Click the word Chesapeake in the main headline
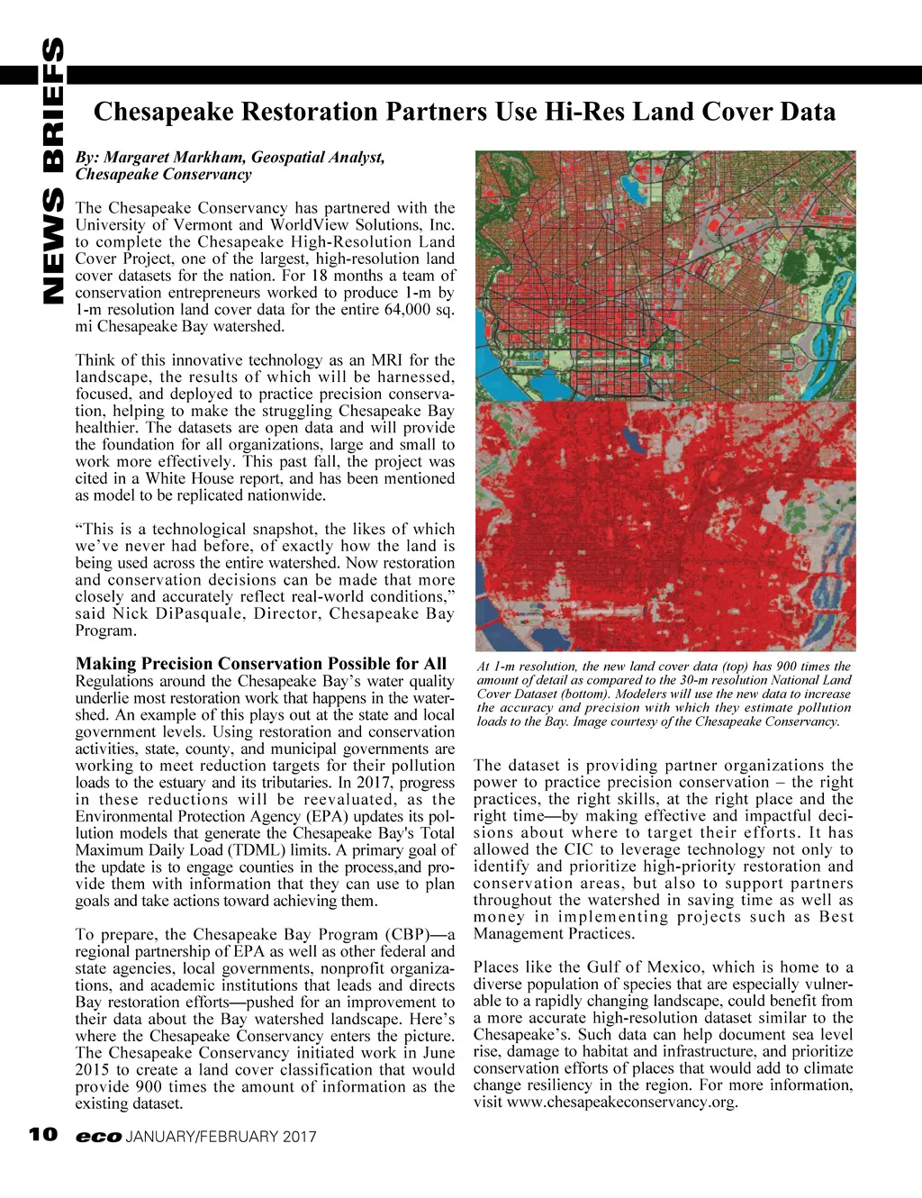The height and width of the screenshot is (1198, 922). (x=163, y=112)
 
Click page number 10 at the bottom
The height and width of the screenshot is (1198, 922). (x=42, y=1135)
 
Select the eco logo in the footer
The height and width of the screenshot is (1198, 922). (x=98, y=1137)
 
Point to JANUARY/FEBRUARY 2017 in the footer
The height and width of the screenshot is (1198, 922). (x=221, y=1137)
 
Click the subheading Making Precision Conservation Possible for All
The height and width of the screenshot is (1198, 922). (x=260, y=664)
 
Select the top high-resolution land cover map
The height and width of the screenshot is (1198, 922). (x=665, y=276)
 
